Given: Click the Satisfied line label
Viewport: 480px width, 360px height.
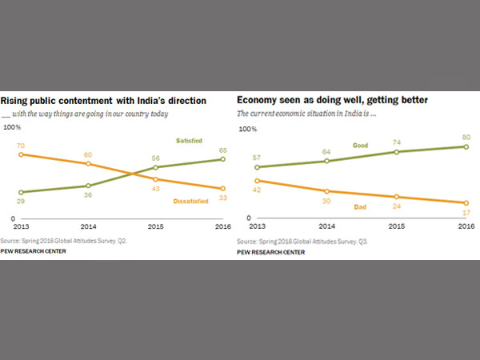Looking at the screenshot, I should tap(189, 141).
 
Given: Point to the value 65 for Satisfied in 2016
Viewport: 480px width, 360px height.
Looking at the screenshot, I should tap(220, 150).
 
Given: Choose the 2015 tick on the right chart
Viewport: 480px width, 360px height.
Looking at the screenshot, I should tap(395, 227).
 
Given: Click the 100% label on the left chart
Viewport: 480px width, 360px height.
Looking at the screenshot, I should tap(12, 127).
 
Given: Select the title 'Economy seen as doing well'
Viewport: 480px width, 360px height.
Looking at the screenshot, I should tap(333, 101).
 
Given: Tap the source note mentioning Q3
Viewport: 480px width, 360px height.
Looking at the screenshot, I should tap(301, 242).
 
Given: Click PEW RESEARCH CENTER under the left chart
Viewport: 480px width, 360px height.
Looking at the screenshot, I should tap(34, 250).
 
